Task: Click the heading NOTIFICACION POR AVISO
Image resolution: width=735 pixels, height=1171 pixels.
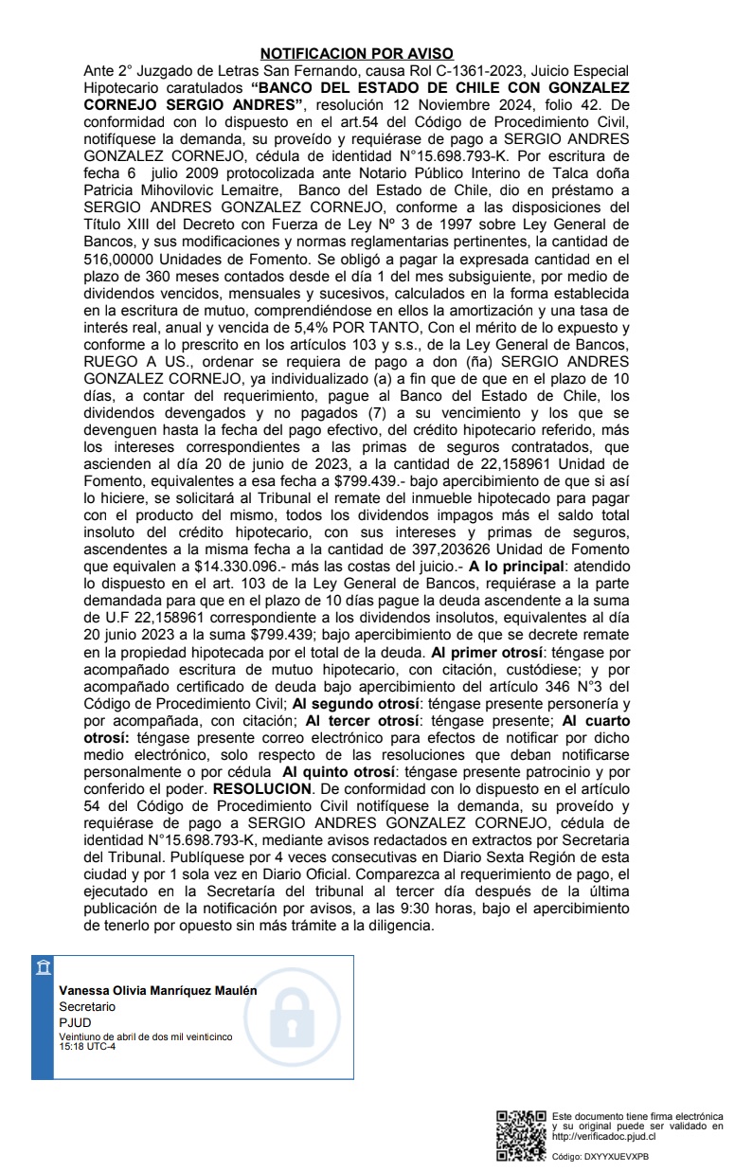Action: point(357,54)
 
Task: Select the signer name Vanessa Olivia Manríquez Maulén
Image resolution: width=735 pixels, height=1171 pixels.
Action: point(157,990)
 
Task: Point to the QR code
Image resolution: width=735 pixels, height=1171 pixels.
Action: point(521,1135)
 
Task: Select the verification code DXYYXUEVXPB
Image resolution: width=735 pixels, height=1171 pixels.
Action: point(616,1156)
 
